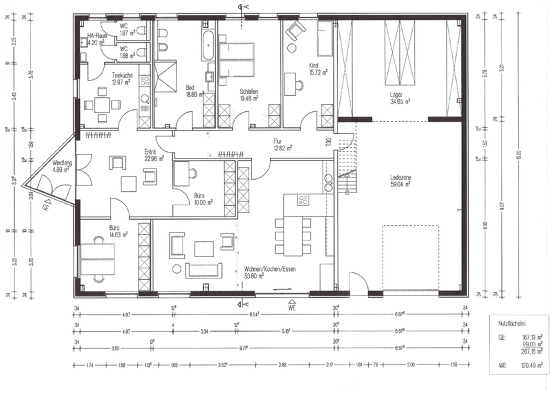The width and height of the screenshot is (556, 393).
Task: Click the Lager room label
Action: (399, 95)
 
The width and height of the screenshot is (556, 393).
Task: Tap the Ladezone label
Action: (400, 178)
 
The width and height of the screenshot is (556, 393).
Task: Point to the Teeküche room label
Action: (122, 75)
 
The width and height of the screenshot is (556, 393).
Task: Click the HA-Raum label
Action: (97, 35)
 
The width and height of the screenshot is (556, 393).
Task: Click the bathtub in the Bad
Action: (208, 44)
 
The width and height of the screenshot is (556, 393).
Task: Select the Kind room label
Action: (313, 65)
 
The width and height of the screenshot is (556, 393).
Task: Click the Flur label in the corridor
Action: (278, 141)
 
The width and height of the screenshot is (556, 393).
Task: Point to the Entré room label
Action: (150, 152)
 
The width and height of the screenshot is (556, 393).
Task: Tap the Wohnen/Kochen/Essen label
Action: (269, 268)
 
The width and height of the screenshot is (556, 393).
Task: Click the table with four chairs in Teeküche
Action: (102, 105)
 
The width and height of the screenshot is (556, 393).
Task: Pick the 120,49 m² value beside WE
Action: (531, 364)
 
